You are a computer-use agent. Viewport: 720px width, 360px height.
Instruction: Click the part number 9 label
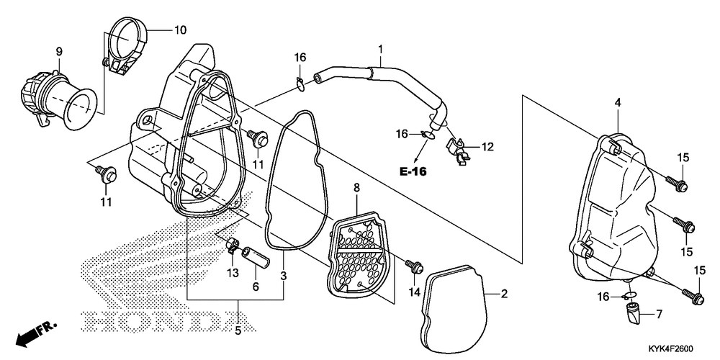click(60, 51)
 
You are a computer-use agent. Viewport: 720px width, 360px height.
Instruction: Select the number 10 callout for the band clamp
click(179, 30)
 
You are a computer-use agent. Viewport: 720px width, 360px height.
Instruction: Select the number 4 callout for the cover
click(617, 104)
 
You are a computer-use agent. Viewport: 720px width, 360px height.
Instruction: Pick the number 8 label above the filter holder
click(355, 189)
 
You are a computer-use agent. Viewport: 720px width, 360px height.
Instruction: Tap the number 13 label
click(233, 272)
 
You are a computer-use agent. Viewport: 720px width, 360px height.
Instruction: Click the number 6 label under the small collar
click(255, 286)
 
